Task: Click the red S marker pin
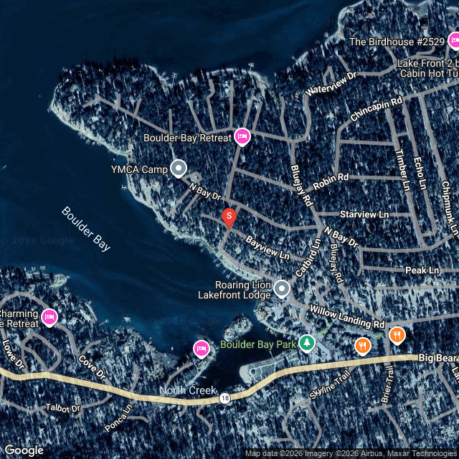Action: tap(229, 216)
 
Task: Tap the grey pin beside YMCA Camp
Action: tap(179, 169)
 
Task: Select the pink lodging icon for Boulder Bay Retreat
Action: tap(242, 136)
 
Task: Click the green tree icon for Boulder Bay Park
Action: tap(307, 344)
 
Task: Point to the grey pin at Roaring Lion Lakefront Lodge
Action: tap(282, 288)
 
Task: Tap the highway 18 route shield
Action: tap(225, 398)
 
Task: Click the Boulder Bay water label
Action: tap(86, 229)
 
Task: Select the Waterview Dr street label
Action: tap(331, 84)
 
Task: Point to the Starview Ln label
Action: tap(364, 214)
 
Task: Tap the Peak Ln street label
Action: tap(422, 270)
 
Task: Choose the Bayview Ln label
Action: tap(268, 247)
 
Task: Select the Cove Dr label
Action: tap(93, 368)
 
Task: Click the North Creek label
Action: tap(189, 391)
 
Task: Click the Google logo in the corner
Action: tap(23, 450)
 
